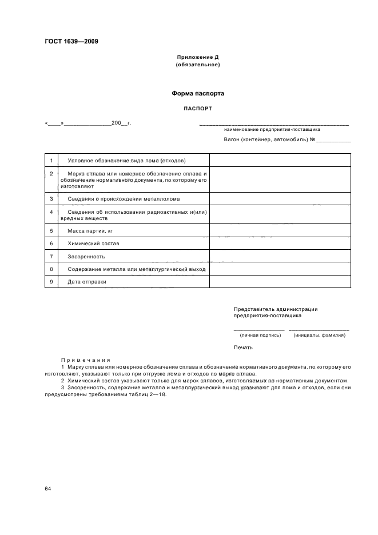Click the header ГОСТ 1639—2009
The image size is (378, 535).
click(71, 41)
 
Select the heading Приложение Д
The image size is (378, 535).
click(197, 58)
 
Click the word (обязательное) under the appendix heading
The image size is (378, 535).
click(197, 65)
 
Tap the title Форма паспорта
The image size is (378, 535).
click(197, 93)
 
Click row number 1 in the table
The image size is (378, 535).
click(51, 160)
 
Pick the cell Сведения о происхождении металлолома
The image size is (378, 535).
click(123, 199)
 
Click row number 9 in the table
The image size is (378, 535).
click(51, 281)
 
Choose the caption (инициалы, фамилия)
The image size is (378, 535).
click(319, 336)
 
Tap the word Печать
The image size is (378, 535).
click(242, 348)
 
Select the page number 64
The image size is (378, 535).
click(48, 489)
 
